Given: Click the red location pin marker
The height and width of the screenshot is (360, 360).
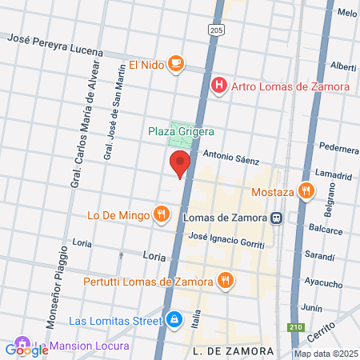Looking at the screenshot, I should [x=180, y=163].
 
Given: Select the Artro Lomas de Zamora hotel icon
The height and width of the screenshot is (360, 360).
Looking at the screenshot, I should [x=218, y=86].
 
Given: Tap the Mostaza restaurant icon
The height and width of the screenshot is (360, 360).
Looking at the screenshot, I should [x=305, y=190].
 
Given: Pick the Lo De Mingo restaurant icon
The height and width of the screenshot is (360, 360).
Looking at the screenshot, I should [x=162, y=214].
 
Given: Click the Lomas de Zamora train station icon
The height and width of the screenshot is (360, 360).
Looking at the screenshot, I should [x=275, y=217].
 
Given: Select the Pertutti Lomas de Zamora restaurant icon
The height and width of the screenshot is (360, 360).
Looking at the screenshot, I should [x=226, y=280].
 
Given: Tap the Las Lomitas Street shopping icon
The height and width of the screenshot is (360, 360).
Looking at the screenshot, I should [x=174, y=321].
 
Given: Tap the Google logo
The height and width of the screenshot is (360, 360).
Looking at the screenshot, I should [x=27, y=350].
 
